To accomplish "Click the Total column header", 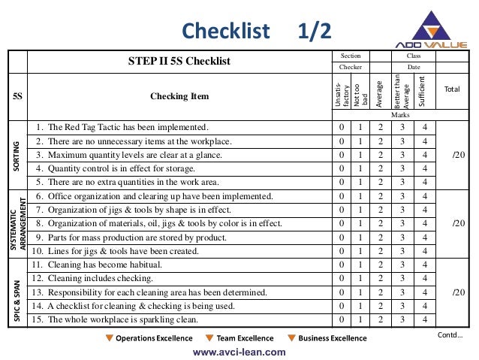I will pyautogui.click(x=452, y=89).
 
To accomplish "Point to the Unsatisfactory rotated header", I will pyautogui.click(x=342, y=95).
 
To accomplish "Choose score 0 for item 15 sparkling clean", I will pyautogui.click(x=342, y=319).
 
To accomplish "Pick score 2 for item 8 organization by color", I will pyautogui.click(x=381, y=224).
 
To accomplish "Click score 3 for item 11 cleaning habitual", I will pyautogui.click(x=402, y=265).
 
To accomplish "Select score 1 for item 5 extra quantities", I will pyautogui.click(x=361, y=183).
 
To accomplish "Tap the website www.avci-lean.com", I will pyautogui.click(x=239, y=351).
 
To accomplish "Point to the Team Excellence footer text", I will pyautogui.click(x=245, y=338).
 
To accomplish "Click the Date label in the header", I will pyautogui.click(x=414, y=67).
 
